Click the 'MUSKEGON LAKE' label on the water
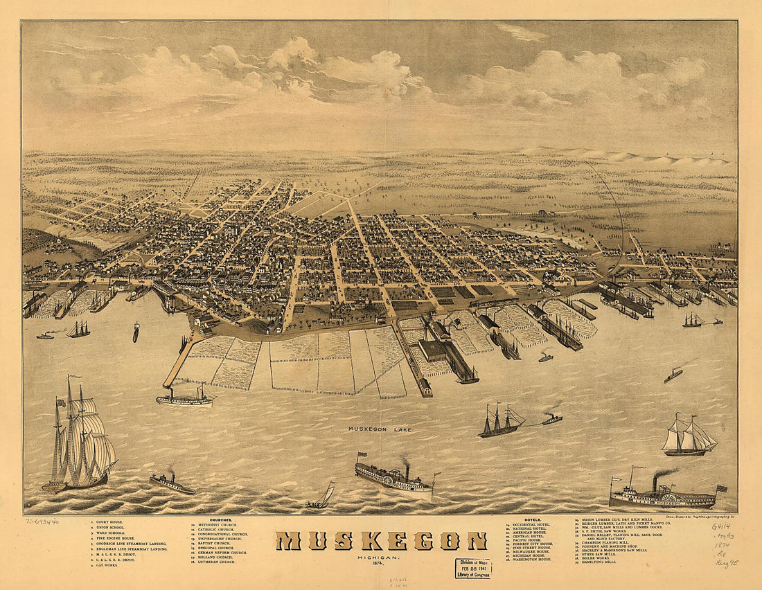click(380, 430)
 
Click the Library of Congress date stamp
click(472, 568)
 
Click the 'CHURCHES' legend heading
click(221, 519)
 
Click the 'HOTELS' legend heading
click(532, 519)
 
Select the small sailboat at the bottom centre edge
click(322, 497)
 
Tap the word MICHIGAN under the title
click(378, 557)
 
